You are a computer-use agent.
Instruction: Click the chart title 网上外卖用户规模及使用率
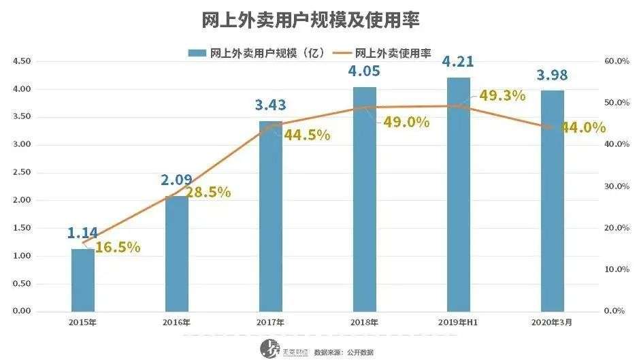(x=311, y=20)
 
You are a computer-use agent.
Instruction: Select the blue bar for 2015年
(x=83, y=280)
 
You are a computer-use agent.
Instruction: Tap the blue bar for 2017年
(x=271, y=218)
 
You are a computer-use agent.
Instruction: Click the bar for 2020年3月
(x=552, y=201)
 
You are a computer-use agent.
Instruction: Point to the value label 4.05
(x=364, y=71)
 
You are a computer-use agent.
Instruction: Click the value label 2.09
(x=176, y=180)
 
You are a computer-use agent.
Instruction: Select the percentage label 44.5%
(x=307, y=135)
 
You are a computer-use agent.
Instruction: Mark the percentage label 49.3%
(x=502, y=95)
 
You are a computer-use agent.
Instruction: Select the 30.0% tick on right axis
(x=617, y=186)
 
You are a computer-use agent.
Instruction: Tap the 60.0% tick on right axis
(x=617, y=61)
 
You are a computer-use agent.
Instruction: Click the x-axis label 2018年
(x=364, y=322)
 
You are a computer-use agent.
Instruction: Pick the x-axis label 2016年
(x=176, y=322)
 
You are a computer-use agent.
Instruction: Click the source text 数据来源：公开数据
(x=343, y=352)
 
